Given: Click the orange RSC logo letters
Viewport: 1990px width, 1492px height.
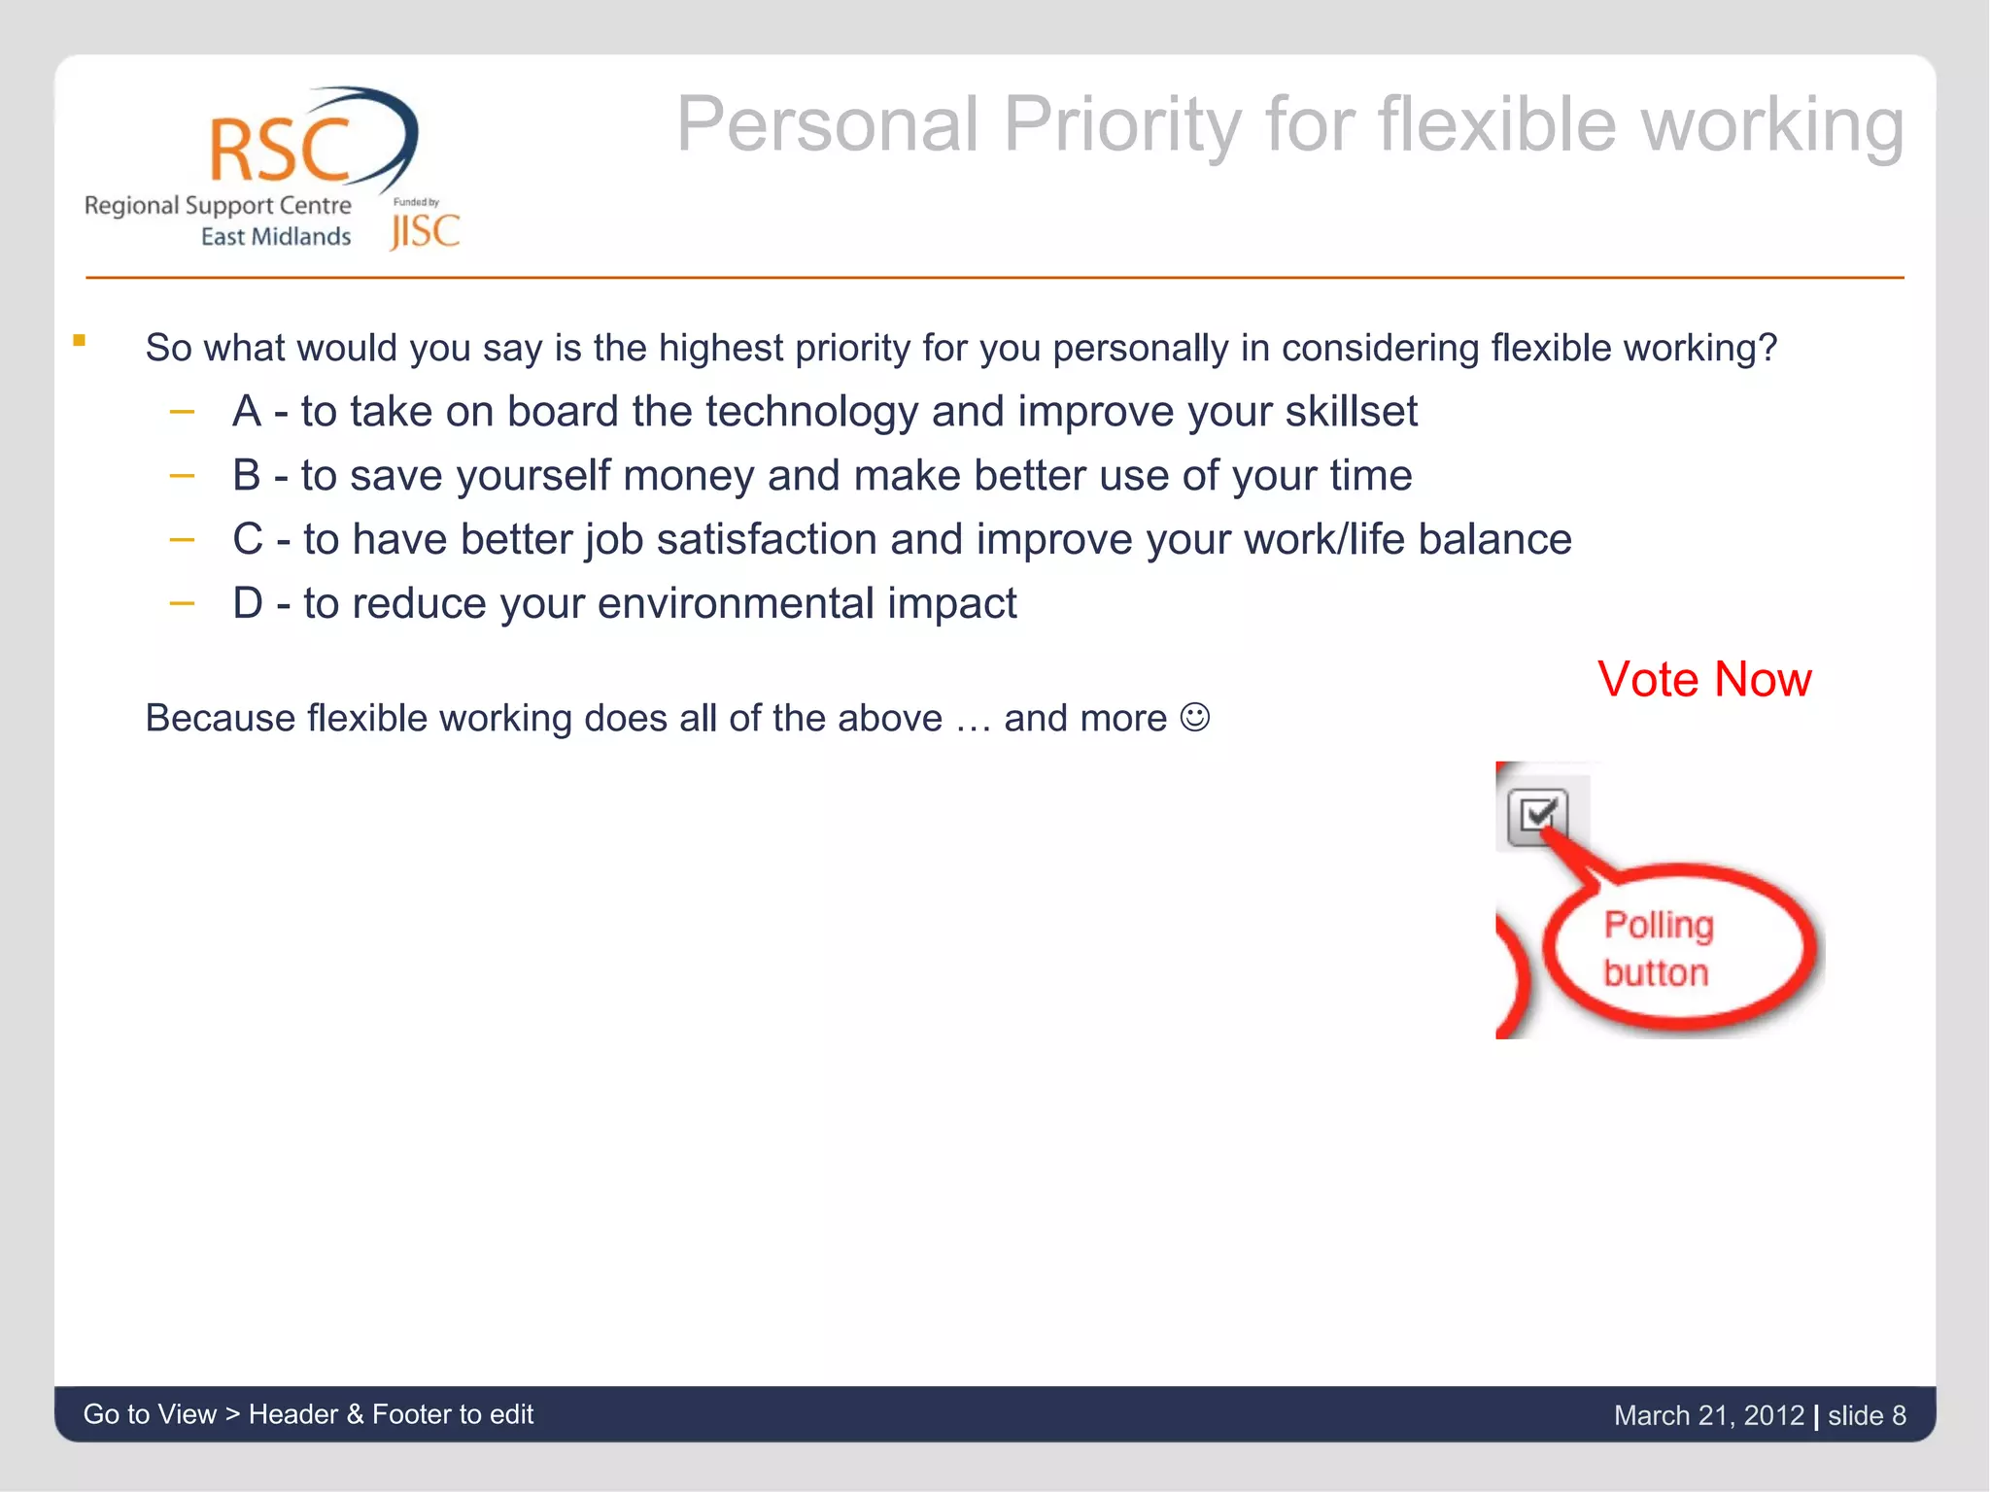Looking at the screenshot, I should coord(279,151).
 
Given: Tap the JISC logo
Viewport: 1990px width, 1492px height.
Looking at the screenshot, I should coord(425,231).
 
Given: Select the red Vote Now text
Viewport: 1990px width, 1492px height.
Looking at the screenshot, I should coord(1704,679).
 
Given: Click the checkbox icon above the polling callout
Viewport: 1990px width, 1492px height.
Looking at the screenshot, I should coord(1538,816).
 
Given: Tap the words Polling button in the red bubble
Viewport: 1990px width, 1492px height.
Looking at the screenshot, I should coord(1658,948).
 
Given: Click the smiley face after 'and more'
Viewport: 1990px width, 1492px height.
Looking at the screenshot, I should coord(1194,718).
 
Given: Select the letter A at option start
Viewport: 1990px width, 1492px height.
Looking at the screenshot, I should coord(247,412).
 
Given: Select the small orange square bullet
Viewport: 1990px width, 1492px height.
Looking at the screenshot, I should coord(79,340).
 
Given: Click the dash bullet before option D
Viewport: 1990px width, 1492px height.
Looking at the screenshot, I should coord(182,603).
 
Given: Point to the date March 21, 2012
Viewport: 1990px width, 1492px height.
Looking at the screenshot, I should coord(1708,1415).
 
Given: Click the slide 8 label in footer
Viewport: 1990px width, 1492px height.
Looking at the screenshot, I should coord(1866,1415).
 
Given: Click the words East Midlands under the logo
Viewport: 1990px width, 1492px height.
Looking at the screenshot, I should coord(275,237).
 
